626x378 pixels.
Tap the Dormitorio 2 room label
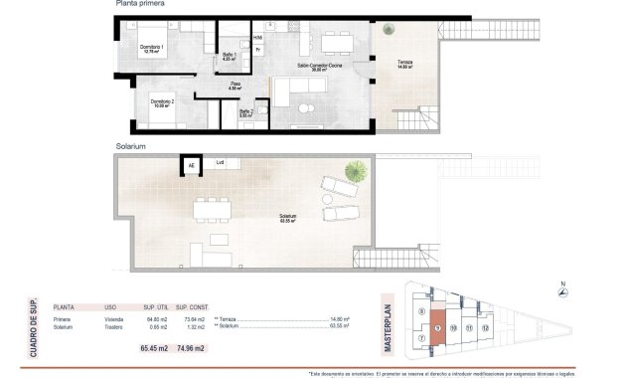point(163,102)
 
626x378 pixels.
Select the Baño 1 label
point(229,56)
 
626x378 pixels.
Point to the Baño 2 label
point(245,112)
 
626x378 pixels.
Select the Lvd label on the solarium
point(221,162)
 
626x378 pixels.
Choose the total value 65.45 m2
point(157,349)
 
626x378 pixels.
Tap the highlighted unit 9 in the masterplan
point(438,327)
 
